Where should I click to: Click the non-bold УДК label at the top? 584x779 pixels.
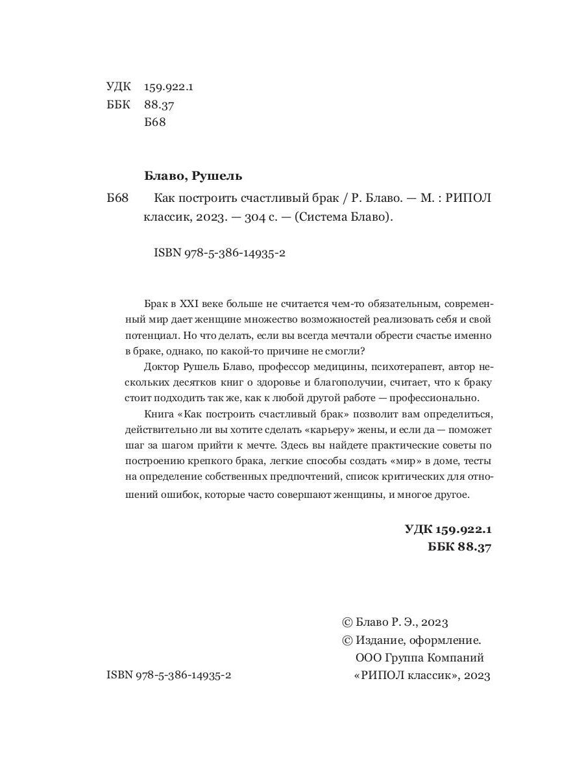coord(117,86)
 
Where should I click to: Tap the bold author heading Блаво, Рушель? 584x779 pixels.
coord(192,176)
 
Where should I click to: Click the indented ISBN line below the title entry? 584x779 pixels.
coord(221,254)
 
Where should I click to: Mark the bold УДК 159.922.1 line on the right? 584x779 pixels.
coord(448,530)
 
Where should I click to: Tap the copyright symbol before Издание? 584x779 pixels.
coord(347,639)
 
